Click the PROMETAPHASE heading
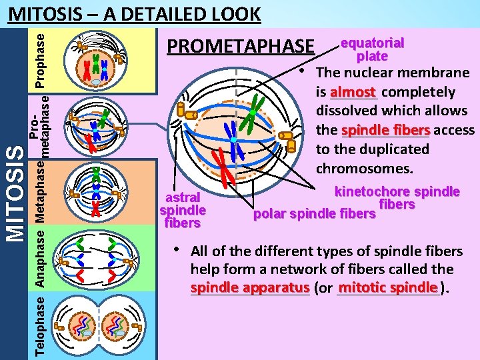tap(240, 47)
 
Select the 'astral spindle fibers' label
tap(183, 210)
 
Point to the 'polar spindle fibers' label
tap(313, 214)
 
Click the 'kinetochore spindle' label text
tap(397, 192)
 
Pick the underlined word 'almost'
tap(353, 92)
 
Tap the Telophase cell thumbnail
tap(95, 325)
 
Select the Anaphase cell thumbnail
tap(95, 257)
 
